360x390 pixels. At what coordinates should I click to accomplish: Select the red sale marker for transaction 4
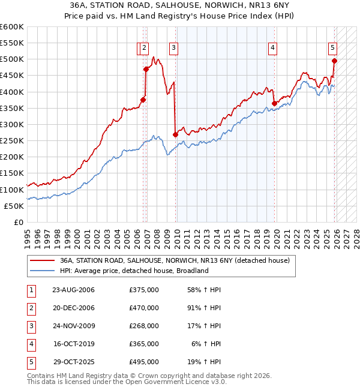coord(274,103)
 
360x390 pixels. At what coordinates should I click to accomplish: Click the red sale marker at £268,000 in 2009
coord(175,135)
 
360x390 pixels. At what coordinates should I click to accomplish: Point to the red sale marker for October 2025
coord(334,61)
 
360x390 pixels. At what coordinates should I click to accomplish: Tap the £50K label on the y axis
coord(14,206)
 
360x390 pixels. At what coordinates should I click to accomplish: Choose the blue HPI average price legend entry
coord(134,271)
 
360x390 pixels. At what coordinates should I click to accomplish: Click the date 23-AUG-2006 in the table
coord(73,290)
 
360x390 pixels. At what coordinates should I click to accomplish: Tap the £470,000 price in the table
coord(144,308)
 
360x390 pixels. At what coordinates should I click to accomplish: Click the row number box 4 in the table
coord(31,344)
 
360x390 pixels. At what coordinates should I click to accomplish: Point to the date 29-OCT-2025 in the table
coord(73,362)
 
